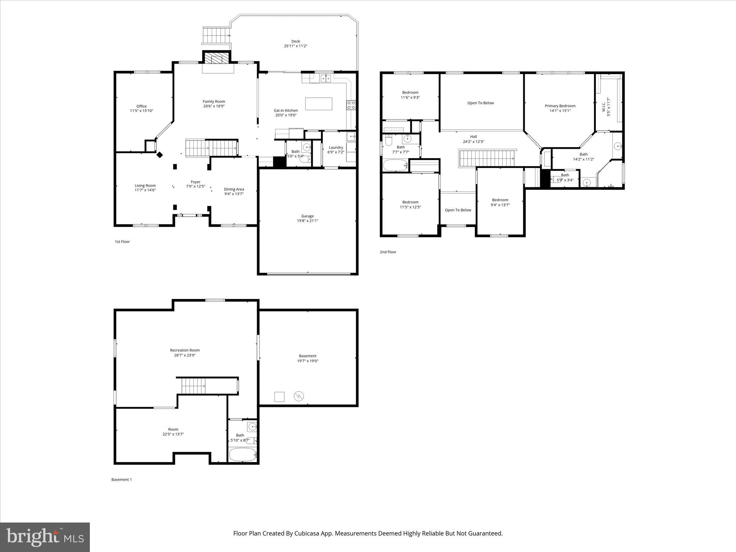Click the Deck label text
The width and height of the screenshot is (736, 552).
point(295,41)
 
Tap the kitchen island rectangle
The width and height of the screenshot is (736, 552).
point(318,104)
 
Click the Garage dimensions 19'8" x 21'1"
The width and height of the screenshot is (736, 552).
point(307,221)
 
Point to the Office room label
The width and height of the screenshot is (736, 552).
point(141,106)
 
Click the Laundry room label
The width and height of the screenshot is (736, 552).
point(336,147)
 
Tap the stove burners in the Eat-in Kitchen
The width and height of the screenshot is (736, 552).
point(351,105)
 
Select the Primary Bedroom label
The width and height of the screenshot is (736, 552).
point(560,106)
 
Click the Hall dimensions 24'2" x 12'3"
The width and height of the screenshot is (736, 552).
point(473,142)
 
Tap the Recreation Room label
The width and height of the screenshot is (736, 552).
point(185,350)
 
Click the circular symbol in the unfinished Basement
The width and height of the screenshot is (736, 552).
point(299,396)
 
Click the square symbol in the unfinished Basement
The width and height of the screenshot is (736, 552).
point(279,397)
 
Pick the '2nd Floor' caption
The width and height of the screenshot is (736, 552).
point(388,252)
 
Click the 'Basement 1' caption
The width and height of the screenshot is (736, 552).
point(121,479)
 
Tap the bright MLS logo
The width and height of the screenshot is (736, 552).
point(45,537)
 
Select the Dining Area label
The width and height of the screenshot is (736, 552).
point(234,189)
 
